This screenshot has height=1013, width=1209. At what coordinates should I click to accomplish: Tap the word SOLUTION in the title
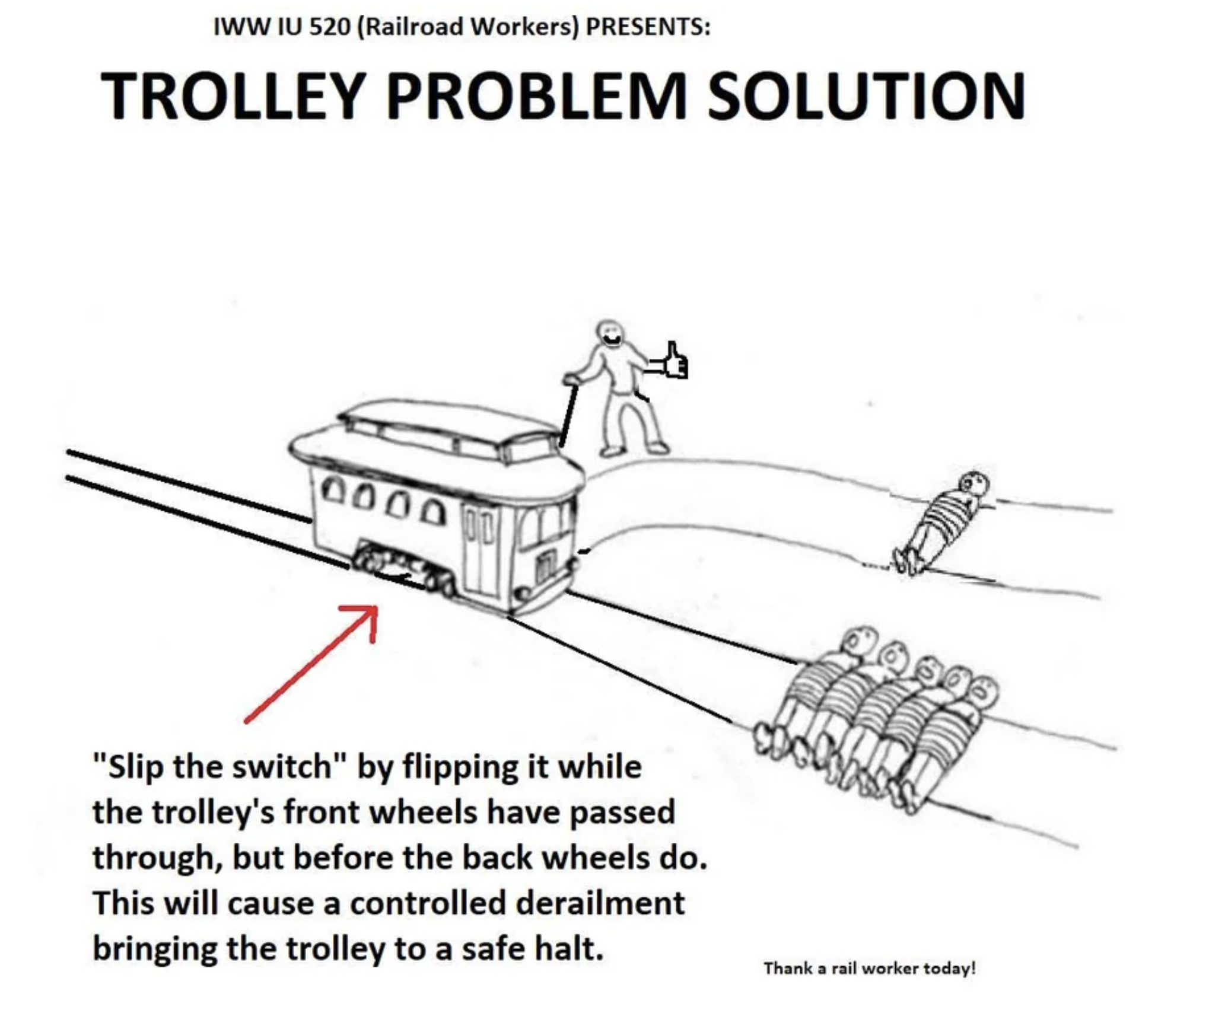point(866,96)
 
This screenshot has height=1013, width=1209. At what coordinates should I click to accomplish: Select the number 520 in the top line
point(329,27)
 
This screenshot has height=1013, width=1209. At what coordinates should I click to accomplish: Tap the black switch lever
point(569,415)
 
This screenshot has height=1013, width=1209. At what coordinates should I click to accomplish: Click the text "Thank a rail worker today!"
point(869,969)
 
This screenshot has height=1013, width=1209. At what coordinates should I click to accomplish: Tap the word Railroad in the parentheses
point(415,27)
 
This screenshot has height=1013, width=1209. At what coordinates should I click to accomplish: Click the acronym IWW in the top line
point(233,27)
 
